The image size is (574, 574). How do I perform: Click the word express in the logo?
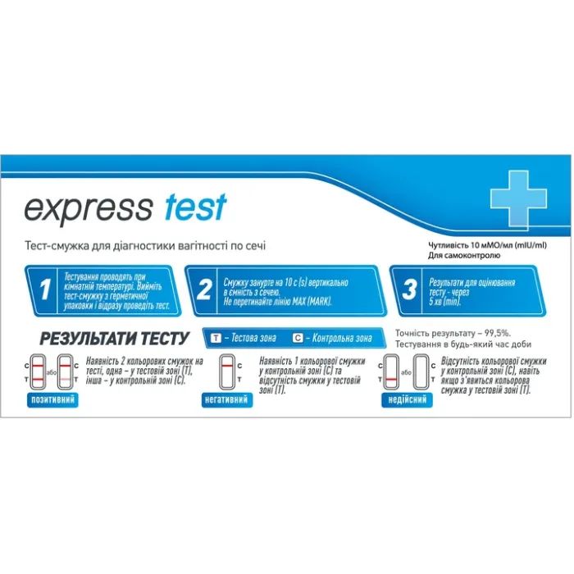(88, 208)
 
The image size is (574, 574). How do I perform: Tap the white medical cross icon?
(517, 197)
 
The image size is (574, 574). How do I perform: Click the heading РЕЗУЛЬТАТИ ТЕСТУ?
(115, 338)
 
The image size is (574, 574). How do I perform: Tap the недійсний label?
(407, 399)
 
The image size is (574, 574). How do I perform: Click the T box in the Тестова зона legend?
(216, 338)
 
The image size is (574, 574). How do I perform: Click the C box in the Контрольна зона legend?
(298, 338)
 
